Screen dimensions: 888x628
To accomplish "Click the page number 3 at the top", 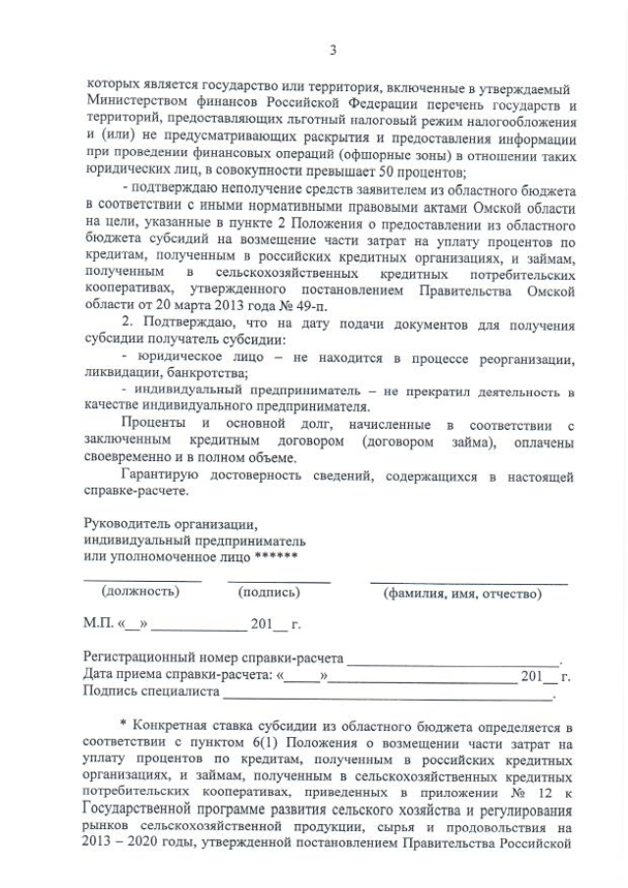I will pyautogui.click(x=334, y=49).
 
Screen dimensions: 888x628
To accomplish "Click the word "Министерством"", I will pyautogui.click(x=137, y=105).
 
